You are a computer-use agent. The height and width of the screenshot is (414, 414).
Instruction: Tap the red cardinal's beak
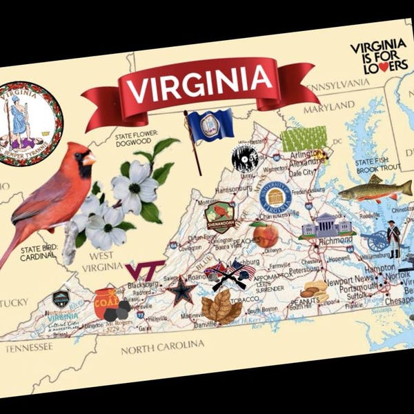tap(90, 160)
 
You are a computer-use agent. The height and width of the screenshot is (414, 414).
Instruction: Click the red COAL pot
tap(106, 302)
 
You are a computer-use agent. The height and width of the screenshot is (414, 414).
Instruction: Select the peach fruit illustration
tap(265, 235)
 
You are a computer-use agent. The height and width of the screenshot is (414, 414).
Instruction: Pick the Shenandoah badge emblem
tap(221, 217)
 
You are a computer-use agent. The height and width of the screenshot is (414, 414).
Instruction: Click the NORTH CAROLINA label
tap(163, 346)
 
